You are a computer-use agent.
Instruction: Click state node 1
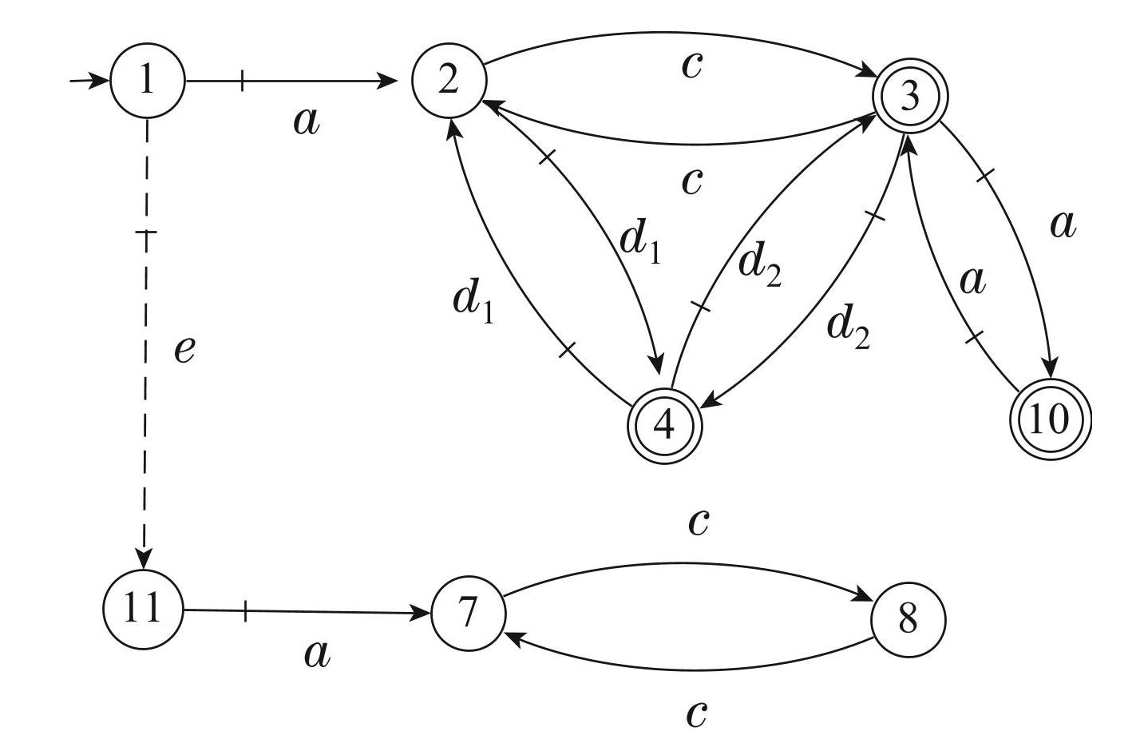point(147,81)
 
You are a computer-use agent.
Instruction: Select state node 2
point(449,81)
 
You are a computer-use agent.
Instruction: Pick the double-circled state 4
point(664,427)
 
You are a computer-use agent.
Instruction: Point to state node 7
point(469,614)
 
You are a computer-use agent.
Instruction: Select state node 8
point(908,618)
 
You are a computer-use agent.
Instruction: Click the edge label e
point(184,349)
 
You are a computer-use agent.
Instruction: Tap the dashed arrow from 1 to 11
point(146,399)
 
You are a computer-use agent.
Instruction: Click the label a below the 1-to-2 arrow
point(306,121)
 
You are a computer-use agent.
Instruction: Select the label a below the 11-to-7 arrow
point(317,654)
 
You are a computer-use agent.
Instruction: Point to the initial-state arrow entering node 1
point(89,81)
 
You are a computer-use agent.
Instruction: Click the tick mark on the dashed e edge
point(146,232)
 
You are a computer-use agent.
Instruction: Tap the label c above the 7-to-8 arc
point(698,522)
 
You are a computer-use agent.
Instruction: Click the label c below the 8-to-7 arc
point(696,713)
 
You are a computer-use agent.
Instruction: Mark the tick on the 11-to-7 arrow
point(244,612)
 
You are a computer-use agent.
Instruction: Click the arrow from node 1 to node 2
point(319,81)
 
